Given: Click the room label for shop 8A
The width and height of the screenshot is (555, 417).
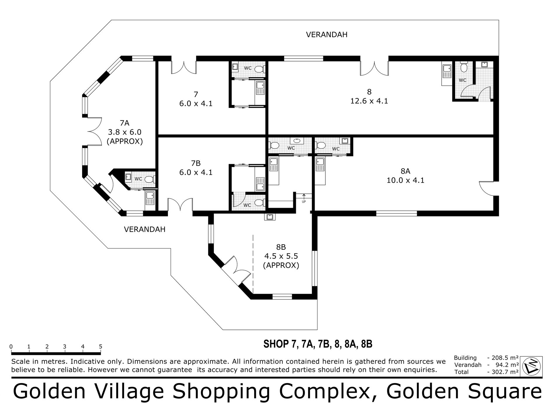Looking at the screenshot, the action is [405, 171].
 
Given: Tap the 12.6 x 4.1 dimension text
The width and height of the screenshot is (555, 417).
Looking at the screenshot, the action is [369, 101].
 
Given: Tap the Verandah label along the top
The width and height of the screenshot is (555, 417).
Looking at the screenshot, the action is [327, 35].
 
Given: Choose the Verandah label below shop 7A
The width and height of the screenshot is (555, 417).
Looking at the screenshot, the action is [145, 229].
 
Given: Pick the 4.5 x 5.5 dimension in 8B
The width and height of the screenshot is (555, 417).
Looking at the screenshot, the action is [281, 256].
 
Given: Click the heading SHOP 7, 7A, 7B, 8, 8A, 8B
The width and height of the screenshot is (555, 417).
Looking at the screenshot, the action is [318, 344].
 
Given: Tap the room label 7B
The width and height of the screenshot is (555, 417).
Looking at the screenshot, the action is [195, 163].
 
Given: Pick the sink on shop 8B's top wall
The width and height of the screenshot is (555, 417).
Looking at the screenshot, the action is [269, 217].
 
